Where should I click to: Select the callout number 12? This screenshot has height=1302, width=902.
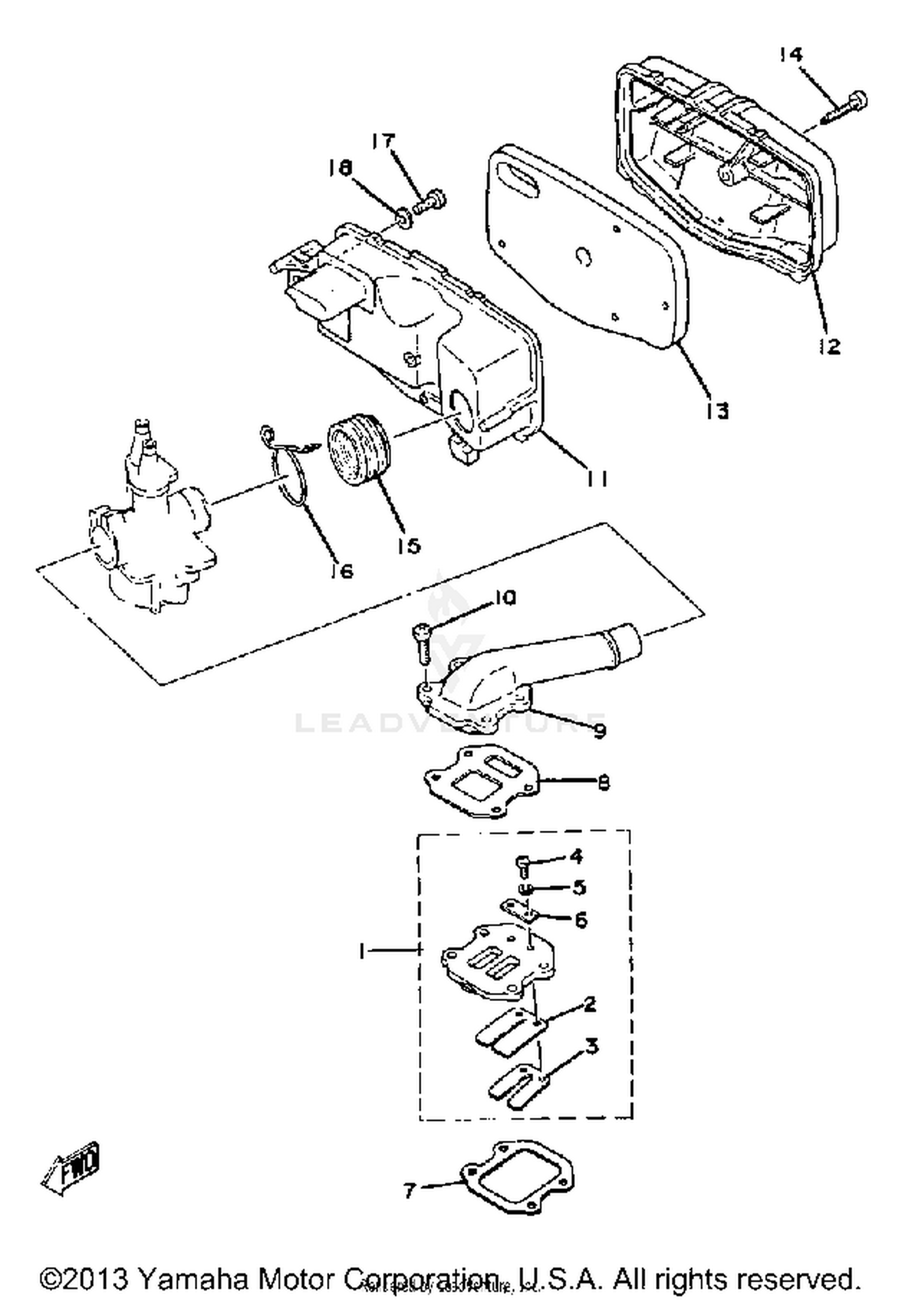click(x=830, y=346)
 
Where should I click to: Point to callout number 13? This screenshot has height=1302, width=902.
click(x=717, y=411)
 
